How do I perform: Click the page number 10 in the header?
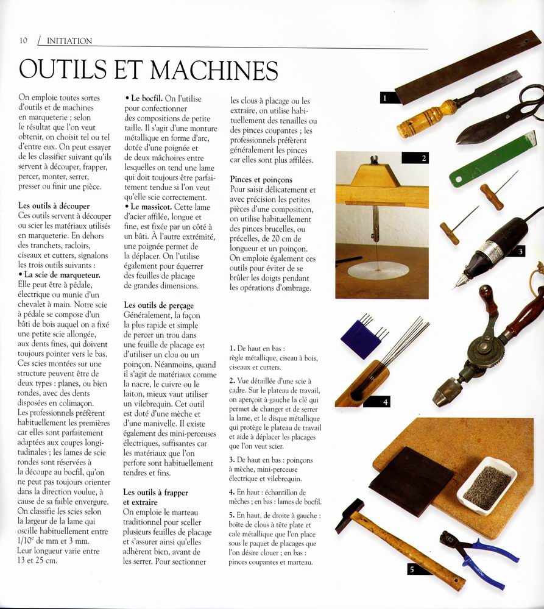[23, 41]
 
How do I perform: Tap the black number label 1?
[386, 97]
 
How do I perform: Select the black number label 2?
[424, 158]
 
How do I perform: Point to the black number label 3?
[520, 251]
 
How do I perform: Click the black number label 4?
[385, 402]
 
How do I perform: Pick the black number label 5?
[412, 570]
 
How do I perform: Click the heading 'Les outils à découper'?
[54, 206]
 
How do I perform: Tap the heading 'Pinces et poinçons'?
[261, 180]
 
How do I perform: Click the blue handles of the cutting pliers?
[490, 564]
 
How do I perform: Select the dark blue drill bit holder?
[361, 338]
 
